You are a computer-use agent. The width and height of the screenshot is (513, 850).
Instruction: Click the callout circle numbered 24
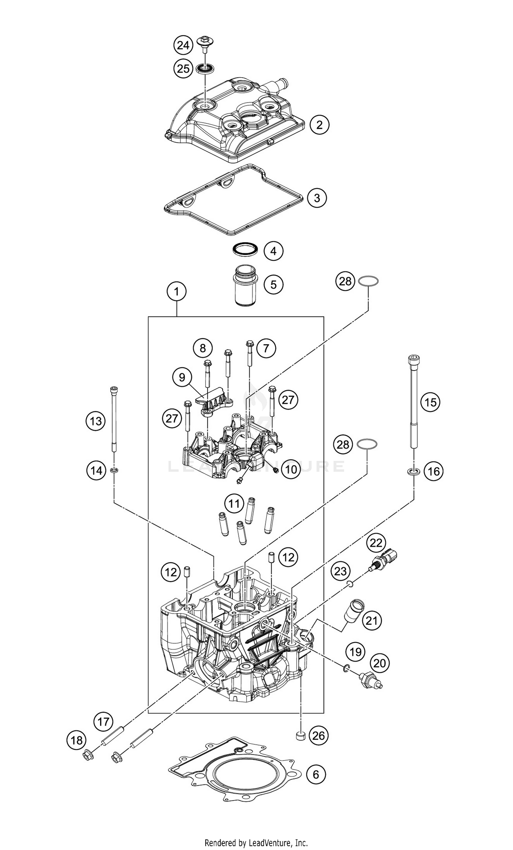(x=183, y=45)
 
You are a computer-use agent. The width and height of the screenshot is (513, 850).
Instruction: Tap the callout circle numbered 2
(x=319, y=124)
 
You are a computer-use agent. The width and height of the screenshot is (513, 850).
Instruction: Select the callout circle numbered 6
(x=316, y=774)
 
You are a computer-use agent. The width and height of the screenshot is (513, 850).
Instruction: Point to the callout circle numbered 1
(x=176, y=292)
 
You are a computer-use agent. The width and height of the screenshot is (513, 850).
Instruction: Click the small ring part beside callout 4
(x=246, y=249)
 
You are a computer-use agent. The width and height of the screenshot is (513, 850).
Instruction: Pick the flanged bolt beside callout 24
(x=205, y=43)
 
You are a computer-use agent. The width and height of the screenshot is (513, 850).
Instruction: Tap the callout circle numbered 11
(x=234, y=504)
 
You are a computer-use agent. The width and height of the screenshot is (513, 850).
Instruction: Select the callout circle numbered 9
(x=182, y=377)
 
